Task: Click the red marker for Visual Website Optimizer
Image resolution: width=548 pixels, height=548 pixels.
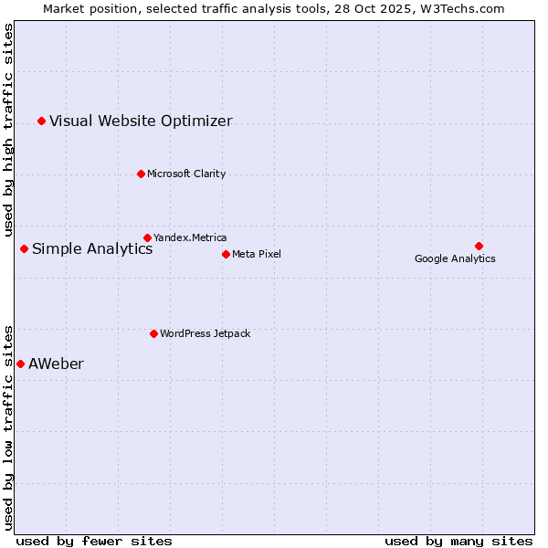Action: [x=41, y=121]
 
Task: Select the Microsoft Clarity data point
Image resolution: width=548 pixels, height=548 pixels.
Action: [x=141, y=174]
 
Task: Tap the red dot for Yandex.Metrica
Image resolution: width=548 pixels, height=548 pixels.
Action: [x=147, y=237]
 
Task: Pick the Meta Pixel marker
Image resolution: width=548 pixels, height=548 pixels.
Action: [x=226, y=254]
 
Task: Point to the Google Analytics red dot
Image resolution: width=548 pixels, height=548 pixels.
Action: [x=479, y=246]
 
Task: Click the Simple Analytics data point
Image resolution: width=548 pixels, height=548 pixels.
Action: [x=24, y=248]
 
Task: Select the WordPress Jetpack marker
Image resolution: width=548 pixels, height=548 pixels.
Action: [x=153, y=333]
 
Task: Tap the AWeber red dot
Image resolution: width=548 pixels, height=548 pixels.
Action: [x=20, y=364]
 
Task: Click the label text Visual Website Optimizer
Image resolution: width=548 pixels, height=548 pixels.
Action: [x=141, y=121]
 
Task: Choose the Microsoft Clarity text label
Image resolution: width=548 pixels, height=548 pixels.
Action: [x=186, y=174]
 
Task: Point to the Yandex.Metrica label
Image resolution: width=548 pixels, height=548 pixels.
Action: [x=190, y=237]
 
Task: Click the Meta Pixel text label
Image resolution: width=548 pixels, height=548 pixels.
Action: [x=257, y=254]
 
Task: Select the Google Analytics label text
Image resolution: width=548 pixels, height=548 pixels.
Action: [x=455, y=258]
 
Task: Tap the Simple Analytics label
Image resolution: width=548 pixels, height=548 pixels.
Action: [x=92, y=248]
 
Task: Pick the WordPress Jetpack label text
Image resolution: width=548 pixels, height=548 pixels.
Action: [x=205, y=333]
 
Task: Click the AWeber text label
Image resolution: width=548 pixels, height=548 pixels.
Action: [x=56, y=364]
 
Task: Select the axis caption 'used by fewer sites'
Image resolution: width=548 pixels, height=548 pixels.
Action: [x=94, y=541]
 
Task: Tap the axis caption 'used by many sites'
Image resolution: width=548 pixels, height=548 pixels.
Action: [x=458, y=541]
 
